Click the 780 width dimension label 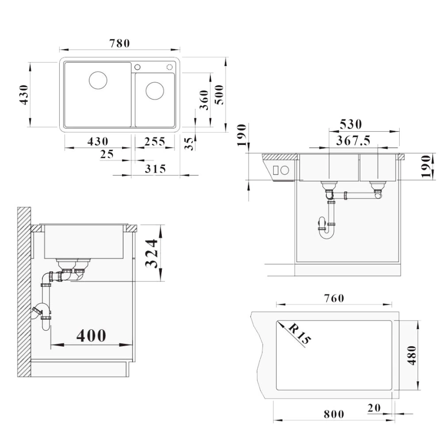[x=119, y=43]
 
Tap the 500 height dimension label [x=219, y=95]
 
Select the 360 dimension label [x=204, y=100]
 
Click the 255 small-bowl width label [x=155, y=141]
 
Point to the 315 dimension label [x=155, y=169]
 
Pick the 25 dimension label [x=107, y=154]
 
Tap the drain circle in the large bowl [x=98, y=80]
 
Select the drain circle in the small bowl [x=155, y=91]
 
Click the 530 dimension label [x=351, y=125]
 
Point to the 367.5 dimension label [x=353, y=140]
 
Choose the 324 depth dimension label [x=152, y=254]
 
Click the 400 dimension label [x=91, y=335]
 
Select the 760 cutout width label [x=334, y=298]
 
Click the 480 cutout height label [x=412, y=355]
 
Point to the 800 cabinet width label [x=334, y=414]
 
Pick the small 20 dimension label [x=374, y=408]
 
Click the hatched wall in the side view [x=24, y=292]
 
